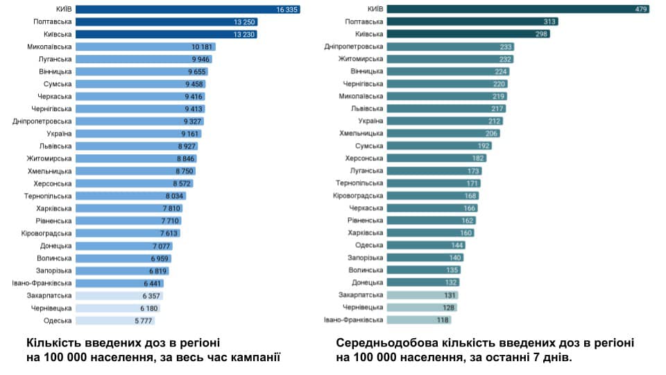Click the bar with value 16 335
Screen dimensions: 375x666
187,9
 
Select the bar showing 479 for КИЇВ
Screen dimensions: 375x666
518,9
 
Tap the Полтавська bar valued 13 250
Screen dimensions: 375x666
166,22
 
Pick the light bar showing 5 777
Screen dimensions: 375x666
114,321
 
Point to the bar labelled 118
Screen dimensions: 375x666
418,320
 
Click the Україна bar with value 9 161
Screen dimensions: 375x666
139,133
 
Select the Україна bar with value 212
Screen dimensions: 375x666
444,121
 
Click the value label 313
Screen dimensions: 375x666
549,22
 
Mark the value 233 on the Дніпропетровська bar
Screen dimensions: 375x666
505,47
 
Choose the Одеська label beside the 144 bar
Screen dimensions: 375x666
368,245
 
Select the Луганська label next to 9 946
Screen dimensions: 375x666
54,59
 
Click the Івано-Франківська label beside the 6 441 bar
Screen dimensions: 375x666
42,283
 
